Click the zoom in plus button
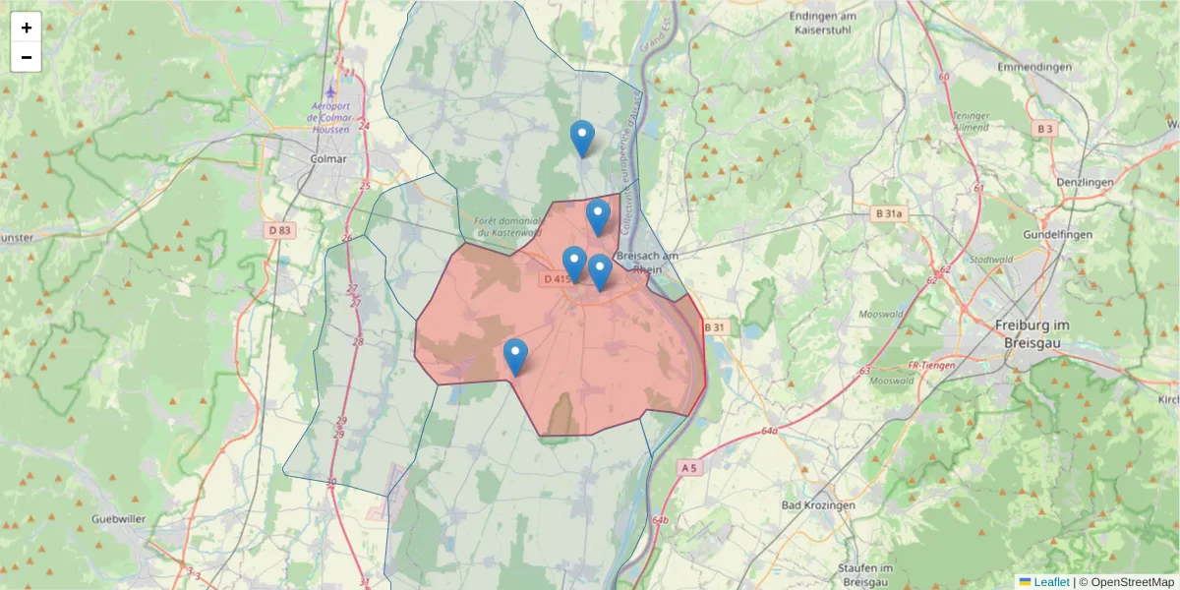27,28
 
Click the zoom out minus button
27,57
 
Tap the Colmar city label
327,158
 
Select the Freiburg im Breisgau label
1032,332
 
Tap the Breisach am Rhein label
647,263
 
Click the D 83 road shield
280,230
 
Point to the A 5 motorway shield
688,468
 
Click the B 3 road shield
1044,129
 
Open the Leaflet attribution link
1051,582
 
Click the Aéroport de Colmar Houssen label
338,117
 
